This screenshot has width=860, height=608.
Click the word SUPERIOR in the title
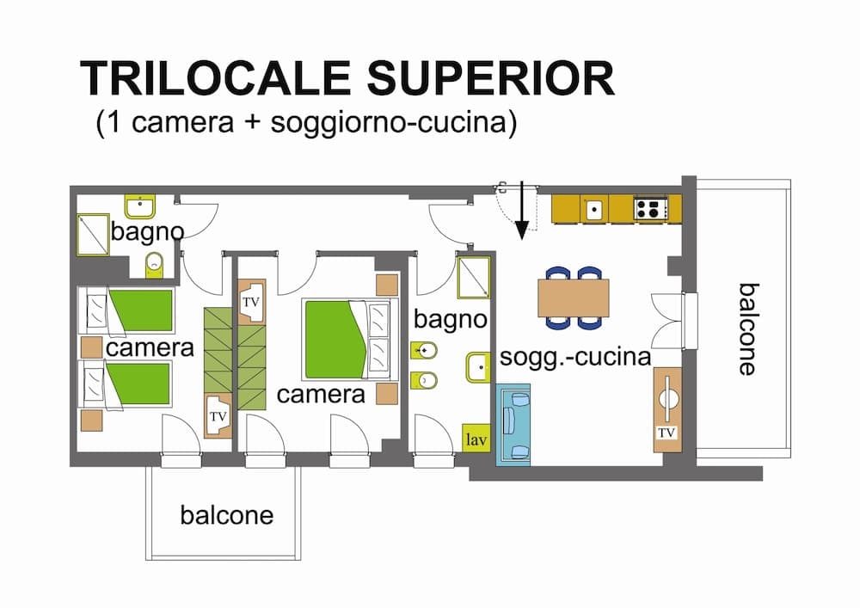(491, 78)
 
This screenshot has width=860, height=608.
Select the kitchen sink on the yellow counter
(593, 208)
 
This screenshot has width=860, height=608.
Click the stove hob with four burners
(651, 208)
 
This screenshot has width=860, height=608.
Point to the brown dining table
(573, 298)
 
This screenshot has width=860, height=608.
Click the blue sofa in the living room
(513, 425)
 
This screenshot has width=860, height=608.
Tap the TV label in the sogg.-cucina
(666, 433)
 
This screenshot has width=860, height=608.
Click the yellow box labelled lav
(476, 439)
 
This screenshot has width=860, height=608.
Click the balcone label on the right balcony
(746, 329)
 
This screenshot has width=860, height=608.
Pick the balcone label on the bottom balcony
(226, 515)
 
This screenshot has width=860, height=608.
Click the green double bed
(335, 339)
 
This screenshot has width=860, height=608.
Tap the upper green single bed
(139, 310)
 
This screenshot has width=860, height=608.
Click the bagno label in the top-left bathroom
(147, 231)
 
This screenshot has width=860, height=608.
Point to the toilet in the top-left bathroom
(154, 263)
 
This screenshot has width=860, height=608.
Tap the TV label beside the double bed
(250, 303)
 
